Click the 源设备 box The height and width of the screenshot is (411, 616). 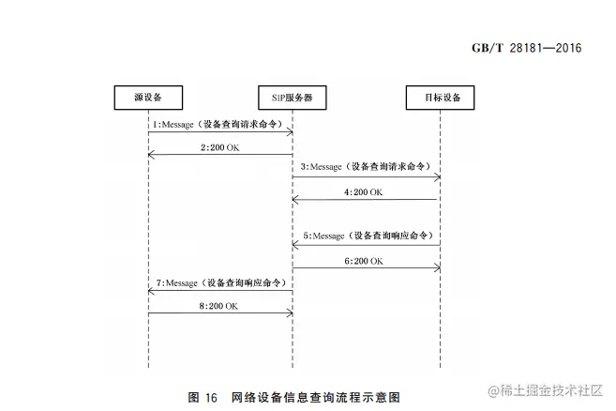(148, 97)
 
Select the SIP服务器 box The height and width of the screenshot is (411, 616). (293, 97)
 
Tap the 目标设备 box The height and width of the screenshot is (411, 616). (440, 97)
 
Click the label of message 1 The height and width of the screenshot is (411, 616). (219, 124)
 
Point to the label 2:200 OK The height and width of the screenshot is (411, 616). (219, 147)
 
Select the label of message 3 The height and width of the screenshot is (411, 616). (366, 166)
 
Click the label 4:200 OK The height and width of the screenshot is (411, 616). (365, 191)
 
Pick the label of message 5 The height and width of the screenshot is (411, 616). (367, 235)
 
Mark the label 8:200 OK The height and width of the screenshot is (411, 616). (219, 306)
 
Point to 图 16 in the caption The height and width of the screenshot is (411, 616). (203, 397)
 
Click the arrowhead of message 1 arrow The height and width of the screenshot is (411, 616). (290, 132)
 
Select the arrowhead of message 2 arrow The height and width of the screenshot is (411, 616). (151, 155)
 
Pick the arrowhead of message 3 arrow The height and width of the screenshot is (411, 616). (437, 175)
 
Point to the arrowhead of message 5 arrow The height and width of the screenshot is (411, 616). (295, 244)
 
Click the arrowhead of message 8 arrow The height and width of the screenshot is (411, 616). (290, 314)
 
